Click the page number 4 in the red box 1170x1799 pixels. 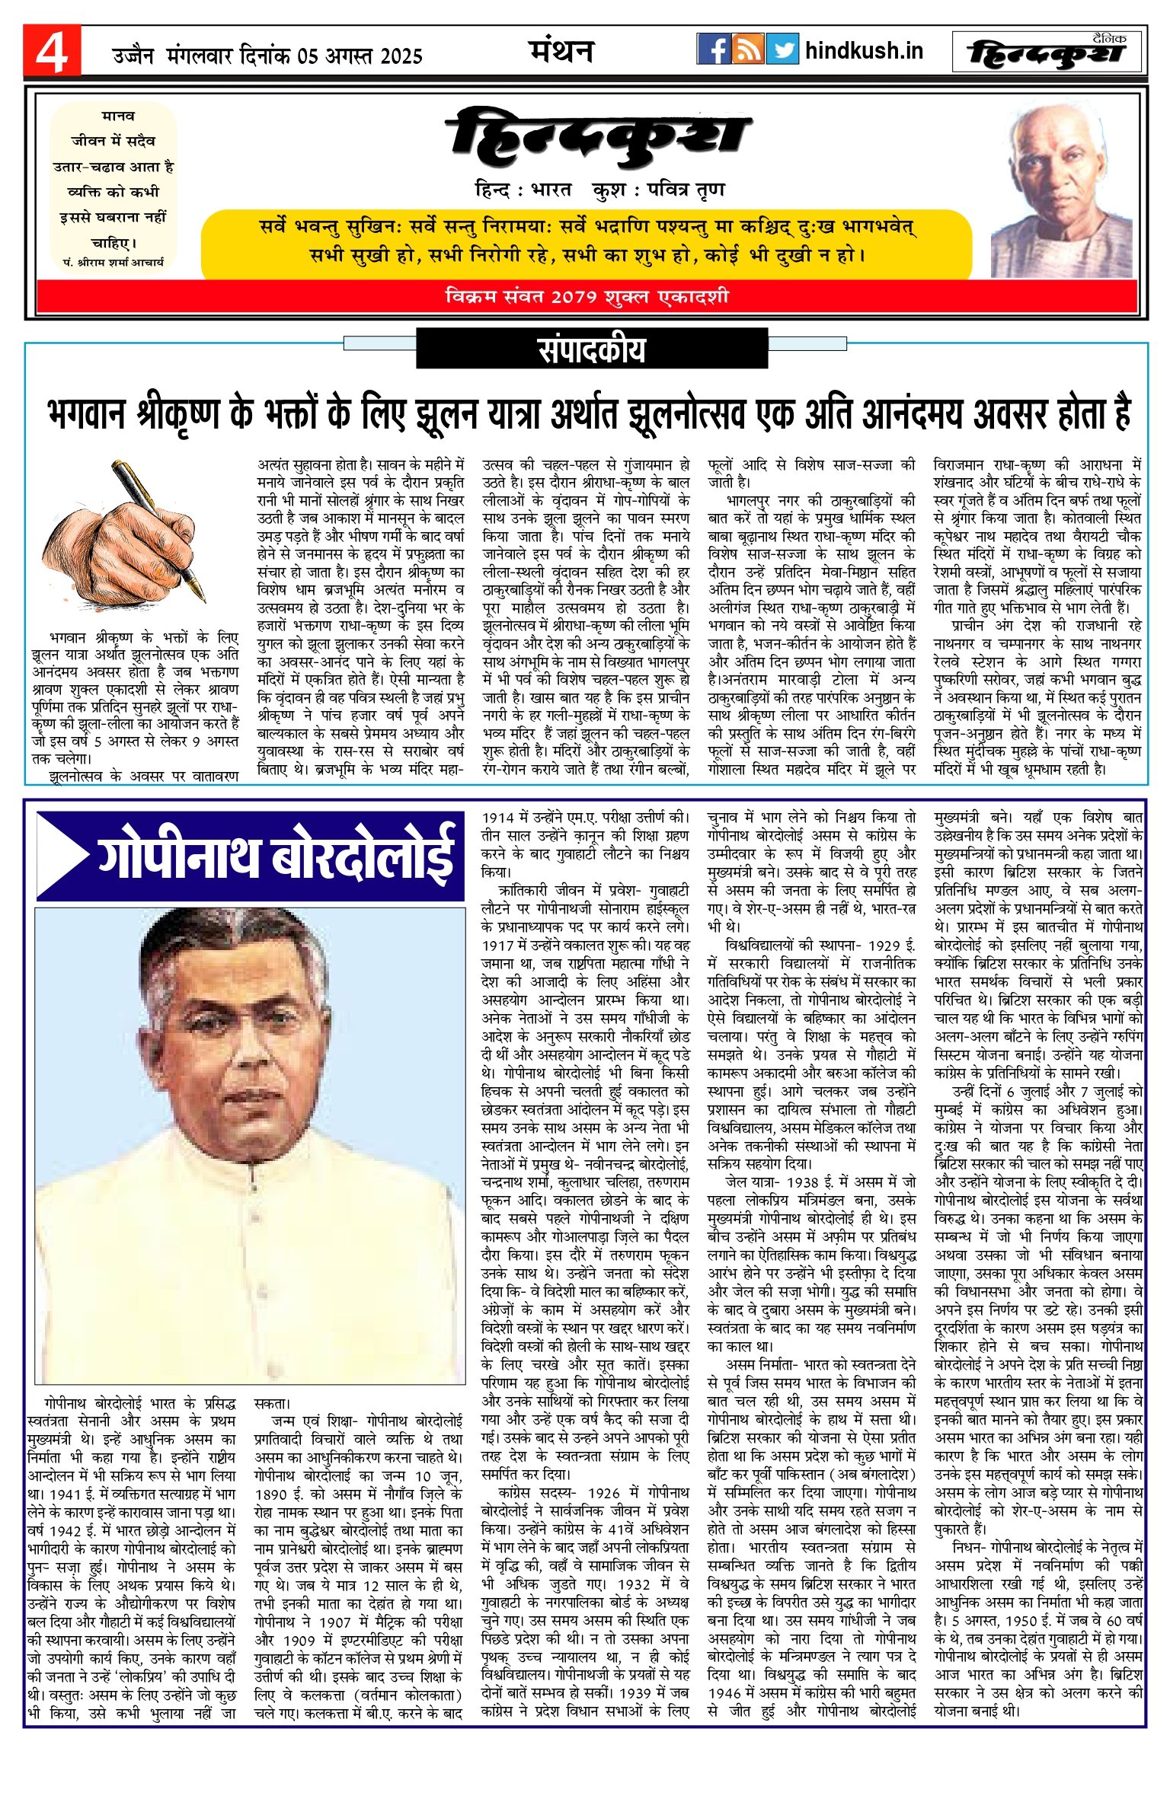click(x=51, y=51)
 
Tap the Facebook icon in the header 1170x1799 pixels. click(x=713, y=49)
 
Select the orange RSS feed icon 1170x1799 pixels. click(x=747, y=49)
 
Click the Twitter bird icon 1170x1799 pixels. click(x=782, y=49)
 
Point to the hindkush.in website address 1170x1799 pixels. click(x=864, y=51)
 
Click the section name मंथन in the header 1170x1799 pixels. click(x=561, y=51)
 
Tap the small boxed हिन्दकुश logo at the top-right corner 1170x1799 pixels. click(x=1047, y=53)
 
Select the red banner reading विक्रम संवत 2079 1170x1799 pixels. click(x=587, y=296)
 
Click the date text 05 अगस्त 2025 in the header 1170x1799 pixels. click(x=360, y=56)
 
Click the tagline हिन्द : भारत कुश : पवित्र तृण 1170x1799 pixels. click(x=599, y=190)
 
